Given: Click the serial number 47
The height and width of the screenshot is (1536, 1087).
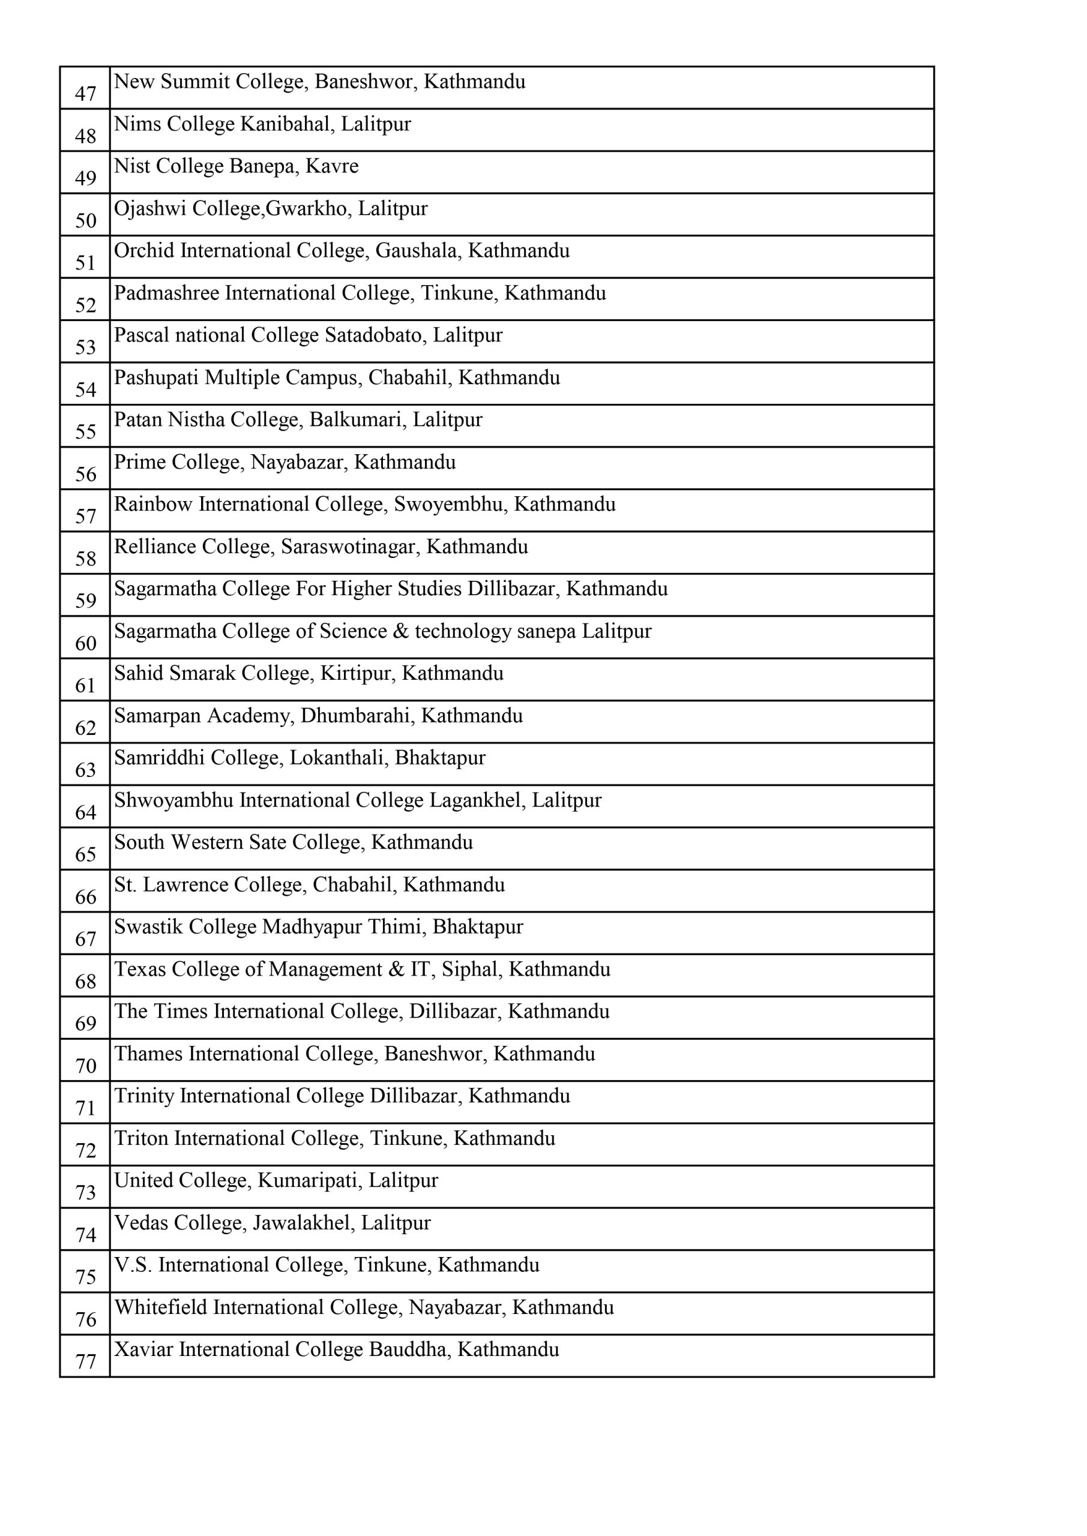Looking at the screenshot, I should (x=86, y=94).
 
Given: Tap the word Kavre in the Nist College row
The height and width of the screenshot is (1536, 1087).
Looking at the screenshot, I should (x=332, y=166).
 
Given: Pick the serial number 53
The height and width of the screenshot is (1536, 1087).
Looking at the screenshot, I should (x=86, y=347).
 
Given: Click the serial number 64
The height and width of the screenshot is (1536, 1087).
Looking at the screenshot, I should (x=86, y=812).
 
